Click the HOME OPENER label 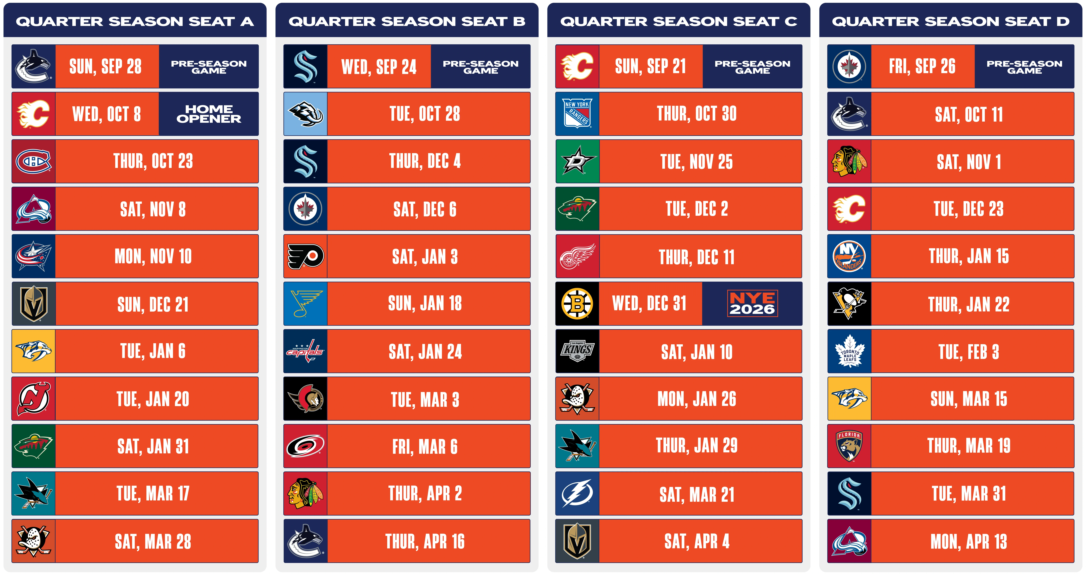click(x=209, y=114)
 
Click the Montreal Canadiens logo click(x=33, y=162)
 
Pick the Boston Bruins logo click(x=577, y=304)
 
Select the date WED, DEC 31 click(x=649, y=304)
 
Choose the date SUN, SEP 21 click(x=650, y=66)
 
